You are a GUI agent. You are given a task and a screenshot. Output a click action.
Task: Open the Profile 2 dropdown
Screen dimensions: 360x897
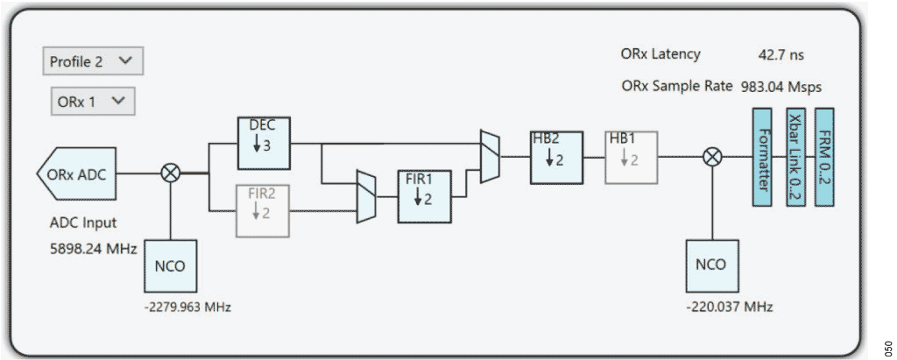(x=92, y=61)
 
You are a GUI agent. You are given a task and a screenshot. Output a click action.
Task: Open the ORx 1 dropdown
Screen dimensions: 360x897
(x=92, y=102)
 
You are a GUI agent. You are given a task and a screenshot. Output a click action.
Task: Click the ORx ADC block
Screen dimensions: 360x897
(x=77, y=173)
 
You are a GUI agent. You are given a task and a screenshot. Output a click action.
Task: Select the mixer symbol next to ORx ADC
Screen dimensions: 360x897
(x=171, y=173)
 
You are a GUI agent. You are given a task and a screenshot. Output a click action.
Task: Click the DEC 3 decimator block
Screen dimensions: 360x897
(x=264, y=142)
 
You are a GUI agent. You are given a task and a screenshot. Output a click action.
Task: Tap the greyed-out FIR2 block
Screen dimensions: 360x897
(x=262, y=210)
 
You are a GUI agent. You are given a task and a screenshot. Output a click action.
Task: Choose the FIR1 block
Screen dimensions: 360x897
(x=423, y=197)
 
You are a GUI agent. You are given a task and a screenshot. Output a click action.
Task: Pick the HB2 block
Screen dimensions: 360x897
(x=556, y=157)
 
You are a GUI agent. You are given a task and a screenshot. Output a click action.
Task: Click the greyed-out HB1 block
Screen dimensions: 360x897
(x=631, y=157)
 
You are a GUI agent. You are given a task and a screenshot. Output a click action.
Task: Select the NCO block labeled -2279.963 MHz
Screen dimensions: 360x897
(x=171, y=265)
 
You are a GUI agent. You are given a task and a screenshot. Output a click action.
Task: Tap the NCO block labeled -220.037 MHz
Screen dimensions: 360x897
(x=713, y=265)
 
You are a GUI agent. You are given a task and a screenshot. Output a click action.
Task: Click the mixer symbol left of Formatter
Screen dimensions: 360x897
(x=713, y=157)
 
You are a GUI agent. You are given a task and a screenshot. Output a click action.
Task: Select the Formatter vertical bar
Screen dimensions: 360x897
(x=761, y=157)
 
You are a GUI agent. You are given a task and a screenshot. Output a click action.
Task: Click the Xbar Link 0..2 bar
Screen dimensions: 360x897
(x=794, y=157)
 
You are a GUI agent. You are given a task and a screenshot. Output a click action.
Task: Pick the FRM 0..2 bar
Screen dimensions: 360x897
(x=824, y=157)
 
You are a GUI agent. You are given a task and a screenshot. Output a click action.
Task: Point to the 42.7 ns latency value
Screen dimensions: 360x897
(x=780, y=55)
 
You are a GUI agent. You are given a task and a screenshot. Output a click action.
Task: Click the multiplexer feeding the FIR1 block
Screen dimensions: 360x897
(x=367, y=197)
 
